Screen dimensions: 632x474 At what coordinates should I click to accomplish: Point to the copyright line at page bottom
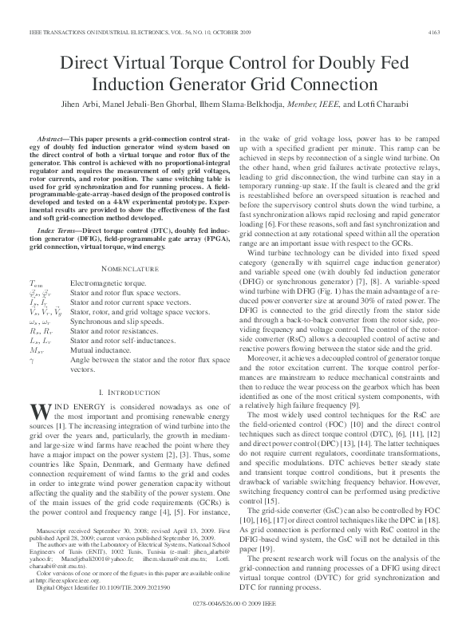(237, 608)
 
